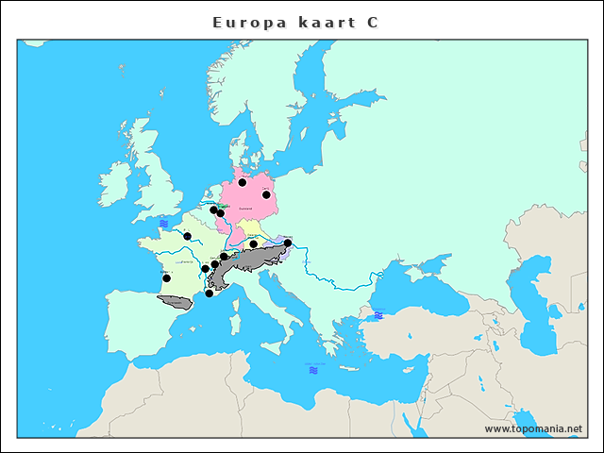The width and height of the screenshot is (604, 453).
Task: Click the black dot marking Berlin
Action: [266, 195]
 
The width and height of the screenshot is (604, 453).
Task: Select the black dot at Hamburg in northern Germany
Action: [243, 182]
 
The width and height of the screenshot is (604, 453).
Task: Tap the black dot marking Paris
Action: [187, 236]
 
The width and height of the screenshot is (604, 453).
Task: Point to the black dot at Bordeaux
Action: [166, 278]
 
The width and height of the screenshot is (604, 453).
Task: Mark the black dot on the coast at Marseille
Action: [209, 294]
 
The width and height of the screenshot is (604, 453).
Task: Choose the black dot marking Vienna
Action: [288, 243]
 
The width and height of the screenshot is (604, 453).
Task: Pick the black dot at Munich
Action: [253, 244]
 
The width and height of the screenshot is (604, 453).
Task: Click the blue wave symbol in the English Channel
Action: [163, 224]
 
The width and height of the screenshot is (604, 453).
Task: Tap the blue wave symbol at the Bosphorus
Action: [378, 315]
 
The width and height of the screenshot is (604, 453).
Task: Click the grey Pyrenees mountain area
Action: [175, 301]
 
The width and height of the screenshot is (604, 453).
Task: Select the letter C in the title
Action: [373, 22]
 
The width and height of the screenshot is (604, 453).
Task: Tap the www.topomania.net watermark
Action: [533, 428]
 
